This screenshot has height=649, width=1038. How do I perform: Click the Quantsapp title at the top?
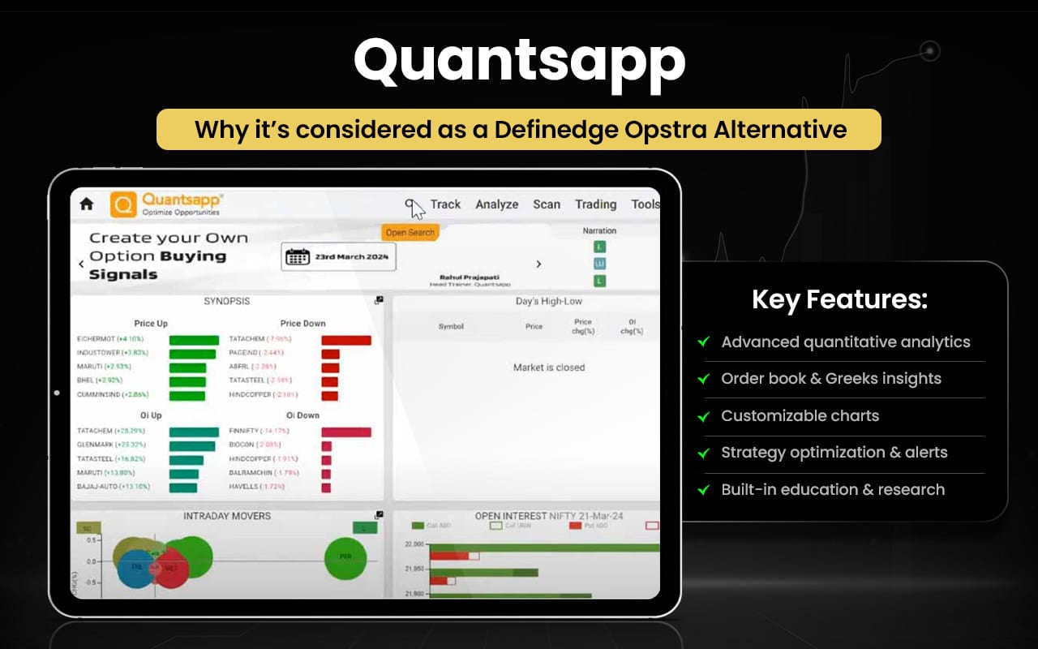(519, 62)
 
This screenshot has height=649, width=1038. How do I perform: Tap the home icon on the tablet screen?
(86, 204)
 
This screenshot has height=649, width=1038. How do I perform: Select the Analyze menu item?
(496, 204)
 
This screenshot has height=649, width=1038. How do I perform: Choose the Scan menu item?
(547, 204)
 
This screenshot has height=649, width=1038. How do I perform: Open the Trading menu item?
(595, 204)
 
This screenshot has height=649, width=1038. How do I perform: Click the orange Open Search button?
(410, 233)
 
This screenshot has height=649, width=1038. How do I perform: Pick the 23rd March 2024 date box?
(338, 257)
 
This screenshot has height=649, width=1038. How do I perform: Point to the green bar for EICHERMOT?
(194, 339)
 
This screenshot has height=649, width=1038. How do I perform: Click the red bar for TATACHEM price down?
(346, 339)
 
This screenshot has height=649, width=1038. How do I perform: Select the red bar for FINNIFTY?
(346, 432)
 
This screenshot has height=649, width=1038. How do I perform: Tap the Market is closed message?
(549, 367)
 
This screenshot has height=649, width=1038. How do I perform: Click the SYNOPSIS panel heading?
(226, 301)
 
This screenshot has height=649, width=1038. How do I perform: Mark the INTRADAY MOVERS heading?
(227, 516)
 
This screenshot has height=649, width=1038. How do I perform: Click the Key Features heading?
(839, 300)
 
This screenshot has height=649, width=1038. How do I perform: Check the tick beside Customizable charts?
(703, 416)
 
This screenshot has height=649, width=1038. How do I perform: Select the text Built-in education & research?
(833, 489)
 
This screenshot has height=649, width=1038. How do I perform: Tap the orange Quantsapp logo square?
(123, 204)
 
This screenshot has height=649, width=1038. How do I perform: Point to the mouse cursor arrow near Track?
(417, 210)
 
